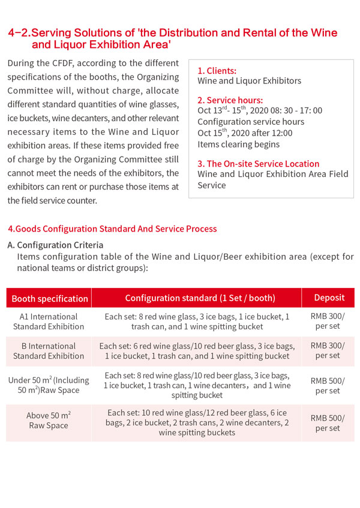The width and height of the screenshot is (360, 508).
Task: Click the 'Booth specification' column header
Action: pos(50,298)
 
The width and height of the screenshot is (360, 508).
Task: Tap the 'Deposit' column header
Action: pos(328,297)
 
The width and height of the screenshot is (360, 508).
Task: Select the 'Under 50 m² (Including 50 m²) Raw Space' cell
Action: pos(49,385)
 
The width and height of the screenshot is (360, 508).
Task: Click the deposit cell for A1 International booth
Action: pos(328,321)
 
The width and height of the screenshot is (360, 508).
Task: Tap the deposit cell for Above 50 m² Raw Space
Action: pos(328,423)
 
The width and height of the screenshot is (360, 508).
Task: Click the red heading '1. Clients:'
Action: pos(217,71)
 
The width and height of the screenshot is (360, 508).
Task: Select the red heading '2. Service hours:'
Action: pos(230,100)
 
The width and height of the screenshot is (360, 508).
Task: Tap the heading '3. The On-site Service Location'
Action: pos(258,164)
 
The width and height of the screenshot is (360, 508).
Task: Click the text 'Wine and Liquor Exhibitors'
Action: pos(249,80)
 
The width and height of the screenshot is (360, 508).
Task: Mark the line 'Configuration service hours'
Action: pos(250,122)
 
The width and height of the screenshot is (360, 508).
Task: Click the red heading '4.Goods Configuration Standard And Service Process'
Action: pos(112,229)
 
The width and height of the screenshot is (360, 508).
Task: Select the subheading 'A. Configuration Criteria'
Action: pos(55,245)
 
